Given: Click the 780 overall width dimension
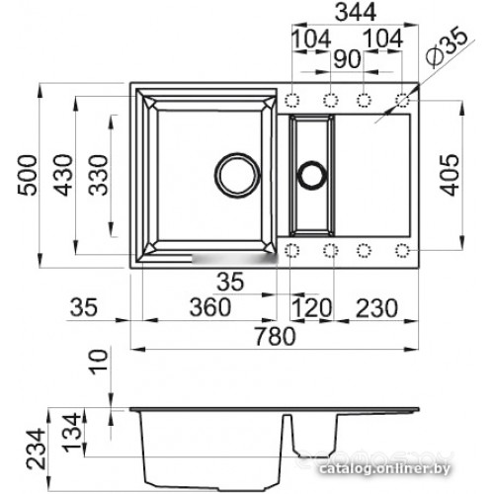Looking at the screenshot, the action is (x=276, y=336).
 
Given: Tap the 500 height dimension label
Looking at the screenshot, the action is (x=28, y=175).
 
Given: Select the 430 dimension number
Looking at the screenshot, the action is (x=63, y=175).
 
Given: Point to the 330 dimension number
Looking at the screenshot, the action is (x=99, y=175).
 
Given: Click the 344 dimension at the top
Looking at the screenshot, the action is (x=356, y=12).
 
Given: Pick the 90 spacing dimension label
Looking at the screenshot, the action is (x=347, y=59).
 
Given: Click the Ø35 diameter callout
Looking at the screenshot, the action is (x=447, y=47).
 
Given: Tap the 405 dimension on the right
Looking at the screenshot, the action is (x=450, y=175).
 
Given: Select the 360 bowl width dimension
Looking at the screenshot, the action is (x=210, y=307).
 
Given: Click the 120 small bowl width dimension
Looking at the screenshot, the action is (x=311, y=308).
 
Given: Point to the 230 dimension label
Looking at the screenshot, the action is (x=376, y=308).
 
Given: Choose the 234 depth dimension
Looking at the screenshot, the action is (x=36, y=449).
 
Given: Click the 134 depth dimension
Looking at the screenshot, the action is (x=72, y=433).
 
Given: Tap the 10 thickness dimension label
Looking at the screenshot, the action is (x=99, y=362).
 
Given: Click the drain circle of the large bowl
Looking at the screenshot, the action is (x=237, y=175).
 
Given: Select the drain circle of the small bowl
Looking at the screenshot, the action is (x=311, y=175).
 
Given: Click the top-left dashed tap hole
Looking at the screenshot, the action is (x=291, y=100).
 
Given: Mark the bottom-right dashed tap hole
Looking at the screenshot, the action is (x=402, y=251).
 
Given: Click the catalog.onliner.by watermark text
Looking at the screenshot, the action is (x=384, y=468).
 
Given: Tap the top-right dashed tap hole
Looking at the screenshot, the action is (x=402, y=100).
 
